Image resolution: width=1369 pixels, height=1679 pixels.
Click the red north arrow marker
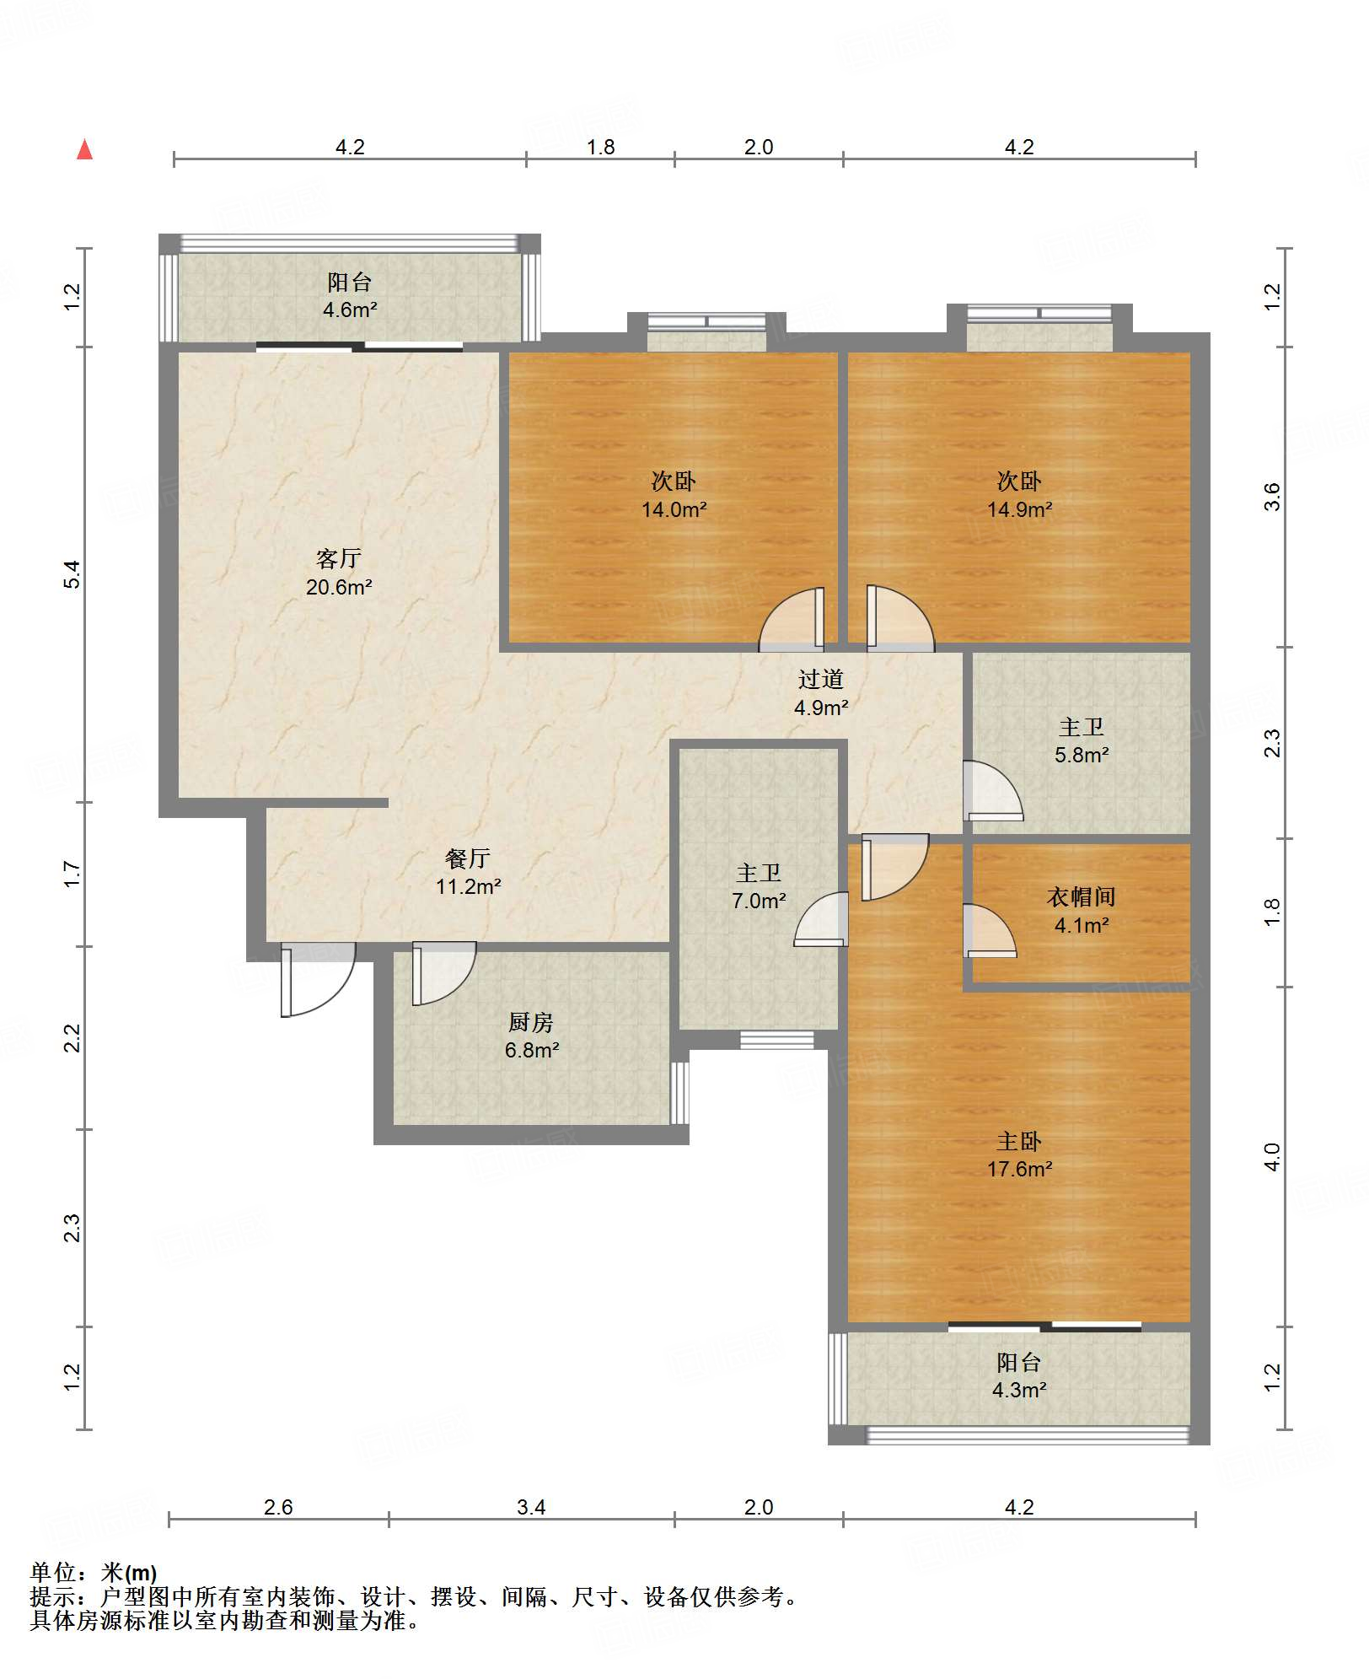(84, 149)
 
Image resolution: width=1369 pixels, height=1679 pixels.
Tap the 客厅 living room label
(339, 558)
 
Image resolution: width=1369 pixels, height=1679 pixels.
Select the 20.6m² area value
(339, 587)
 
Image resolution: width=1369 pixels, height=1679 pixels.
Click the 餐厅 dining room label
(468, 858)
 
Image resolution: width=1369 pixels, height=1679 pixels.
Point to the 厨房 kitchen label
(531, 1022)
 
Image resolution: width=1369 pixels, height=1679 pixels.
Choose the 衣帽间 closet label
(1082, 896)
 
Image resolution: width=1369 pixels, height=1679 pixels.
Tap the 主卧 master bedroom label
(1019, 1141)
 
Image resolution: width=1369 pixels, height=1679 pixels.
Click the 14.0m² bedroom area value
(674, 509)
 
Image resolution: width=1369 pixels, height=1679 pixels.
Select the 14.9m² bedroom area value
(1019, 509)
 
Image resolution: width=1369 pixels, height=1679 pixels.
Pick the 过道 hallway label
(820, 679)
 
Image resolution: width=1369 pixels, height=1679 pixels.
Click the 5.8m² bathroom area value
(1082, 755)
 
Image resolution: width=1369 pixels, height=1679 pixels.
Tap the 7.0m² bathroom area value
(759, 901)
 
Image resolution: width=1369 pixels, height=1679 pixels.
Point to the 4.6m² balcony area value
(350, 309)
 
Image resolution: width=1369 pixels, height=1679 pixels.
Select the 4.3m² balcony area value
(1019, 1390)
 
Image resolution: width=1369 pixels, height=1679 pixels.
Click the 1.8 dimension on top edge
(600, 147)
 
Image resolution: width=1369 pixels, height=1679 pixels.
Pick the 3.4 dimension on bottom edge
(531, 1507)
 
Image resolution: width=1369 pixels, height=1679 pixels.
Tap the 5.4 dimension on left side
(72, 574)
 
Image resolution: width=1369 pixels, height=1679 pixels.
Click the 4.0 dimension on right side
(1271, 1156)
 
